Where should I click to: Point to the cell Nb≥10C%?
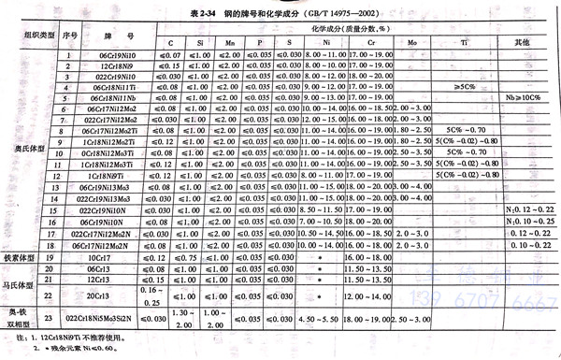coord(525,97)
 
